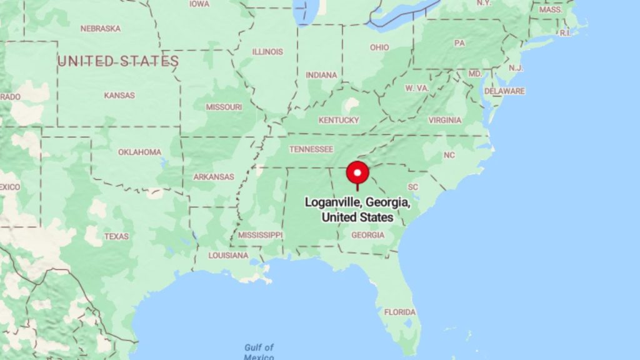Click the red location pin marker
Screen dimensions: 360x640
coord(357,172)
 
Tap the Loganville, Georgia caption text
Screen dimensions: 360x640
coord(357,210)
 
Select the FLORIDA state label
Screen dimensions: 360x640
coord(399,312)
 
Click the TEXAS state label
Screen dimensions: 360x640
coord(116,236)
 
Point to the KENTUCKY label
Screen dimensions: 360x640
coord(339,120)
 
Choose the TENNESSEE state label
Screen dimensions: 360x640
coord(311,149)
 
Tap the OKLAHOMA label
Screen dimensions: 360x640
coord(139,152)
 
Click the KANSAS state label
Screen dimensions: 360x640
coord(119,96)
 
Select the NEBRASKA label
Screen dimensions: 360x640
coord(100,29)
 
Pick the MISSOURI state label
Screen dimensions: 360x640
coord(224,107)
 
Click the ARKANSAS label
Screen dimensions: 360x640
coord(214,177)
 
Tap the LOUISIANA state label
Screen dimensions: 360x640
coord(228,256)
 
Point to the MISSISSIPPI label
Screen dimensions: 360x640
coord(261,235)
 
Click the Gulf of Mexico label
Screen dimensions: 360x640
coord(259,351)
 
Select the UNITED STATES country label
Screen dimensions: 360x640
coord(118,61)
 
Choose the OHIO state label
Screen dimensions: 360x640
coord(379,47)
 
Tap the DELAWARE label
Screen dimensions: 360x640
coord(504,91)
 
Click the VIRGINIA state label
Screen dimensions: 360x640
coord(445,120)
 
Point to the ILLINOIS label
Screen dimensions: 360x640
coord(267,52)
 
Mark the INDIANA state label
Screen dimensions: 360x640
coord(321,75)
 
